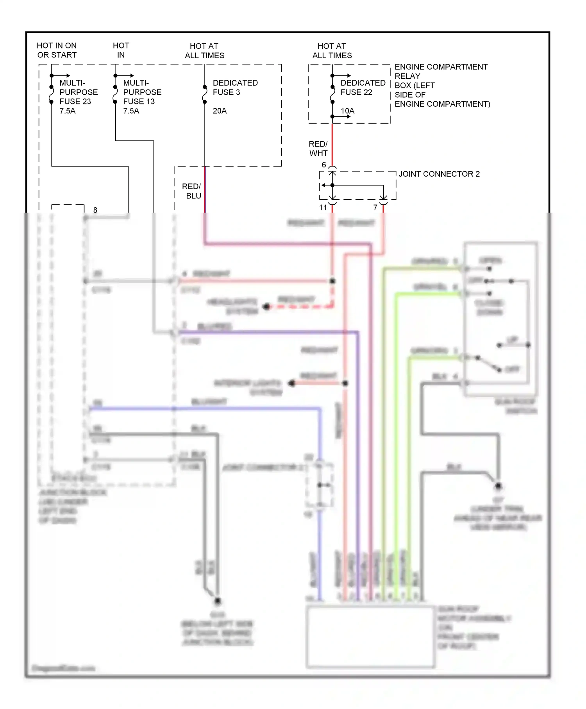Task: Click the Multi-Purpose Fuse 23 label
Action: (78, 97)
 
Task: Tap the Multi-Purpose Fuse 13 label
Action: (141, 97)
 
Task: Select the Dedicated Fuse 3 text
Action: (235, 88)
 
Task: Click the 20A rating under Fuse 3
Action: (220, 111)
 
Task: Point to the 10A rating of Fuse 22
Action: (347, 111)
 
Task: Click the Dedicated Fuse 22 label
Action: (363, 88)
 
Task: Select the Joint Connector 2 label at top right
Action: (439, 174)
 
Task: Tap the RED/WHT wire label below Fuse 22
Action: (318, 149)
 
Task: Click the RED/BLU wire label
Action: (192, 191)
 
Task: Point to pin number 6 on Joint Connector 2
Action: (324, 165)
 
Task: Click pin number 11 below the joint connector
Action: (323, 208)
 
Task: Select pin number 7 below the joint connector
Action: (375, 208)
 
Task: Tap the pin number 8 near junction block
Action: (95, 210)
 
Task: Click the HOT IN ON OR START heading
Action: (57, 50)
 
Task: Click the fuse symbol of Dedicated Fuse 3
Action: (205, 94)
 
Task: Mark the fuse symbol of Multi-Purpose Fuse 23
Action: (52, 94)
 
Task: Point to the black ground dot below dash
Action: (218, 601)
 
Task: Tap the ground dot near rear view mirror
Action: (498, 486)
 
